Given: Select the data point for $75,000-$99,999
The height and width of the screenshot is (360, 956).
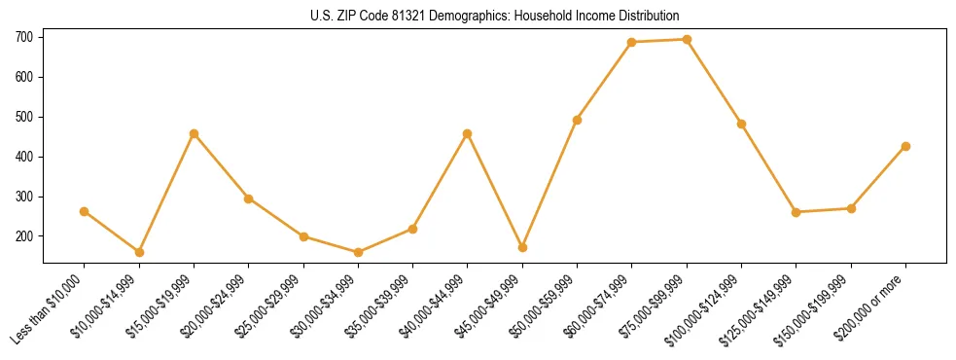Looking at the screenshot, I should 687,40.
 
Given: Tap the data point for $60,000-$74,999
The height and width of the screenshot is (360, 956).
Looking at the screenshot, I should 632,42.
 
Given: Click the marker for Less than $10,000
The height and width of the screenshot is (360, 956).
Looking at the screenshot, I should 85,211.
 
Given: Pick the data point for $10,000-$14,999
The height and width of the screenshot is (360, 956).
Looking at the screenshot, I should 139,252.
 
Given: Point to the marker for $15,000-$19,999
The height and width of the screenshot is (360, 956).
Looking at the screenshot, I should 195,133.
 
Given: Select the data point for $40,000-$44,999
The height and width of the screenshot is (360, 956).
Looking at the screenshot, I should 468,133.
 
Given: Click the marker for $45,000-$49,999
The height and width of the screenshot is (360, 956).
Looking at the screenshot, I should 522,247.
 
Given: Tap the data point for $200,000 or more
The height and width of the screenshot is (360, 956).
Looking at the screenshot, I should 905,146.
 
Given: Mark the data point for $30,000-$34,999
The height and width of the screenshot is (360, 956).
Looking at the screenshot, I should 358,252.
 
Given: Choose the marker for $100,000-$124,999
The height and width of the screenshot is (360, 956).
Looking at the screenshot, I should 741,124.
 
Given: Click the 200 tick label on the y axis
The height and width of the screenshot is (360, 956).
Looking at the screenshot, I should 23,236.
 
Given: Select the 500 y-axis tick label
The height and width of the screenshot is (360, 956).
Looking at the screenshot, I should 23,117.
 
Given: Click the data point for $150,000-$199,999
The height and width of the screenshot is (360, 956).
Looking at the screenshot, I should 851,208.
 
